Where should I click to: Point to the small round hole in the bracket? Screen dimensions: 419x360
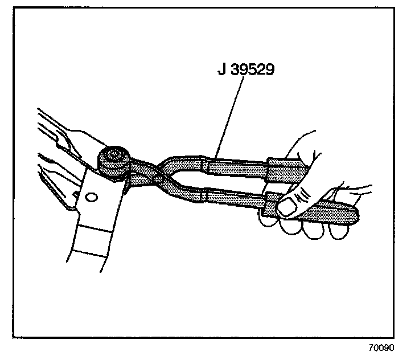tap(91, 198)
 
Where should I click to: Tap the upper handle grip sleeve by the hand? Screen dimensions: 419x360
tap(286, 169)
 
